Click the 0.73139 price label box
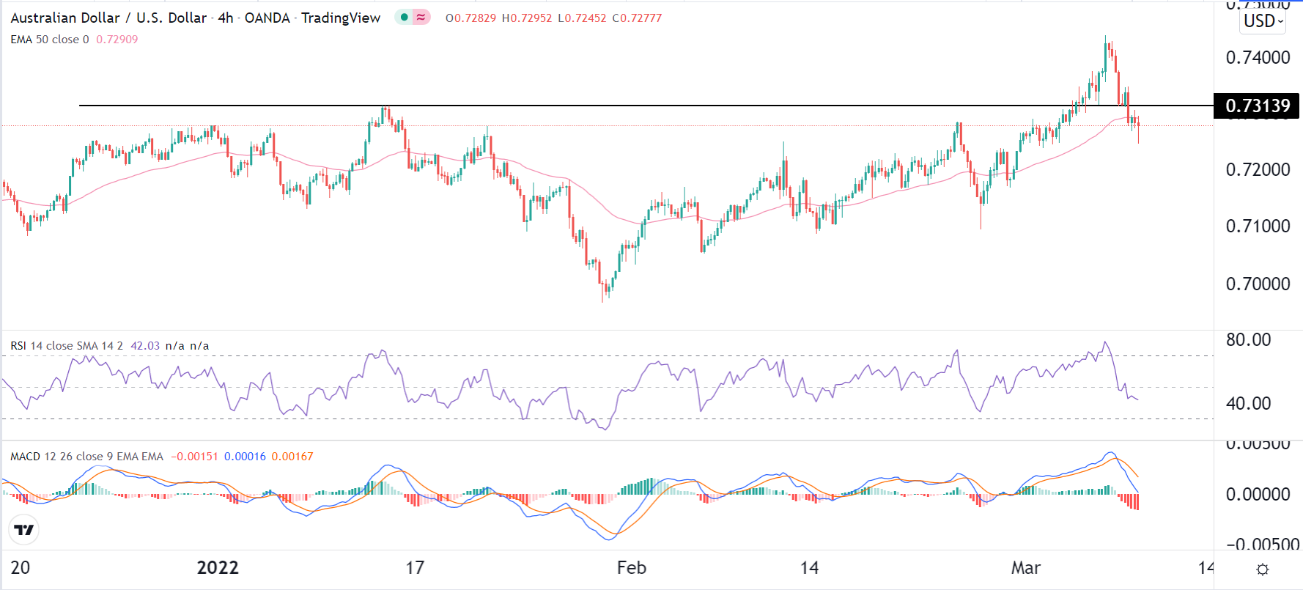pos(1257,106)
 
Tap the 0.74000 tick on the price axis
pos(1258,57)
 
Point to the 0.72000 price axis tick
pos(1258,169)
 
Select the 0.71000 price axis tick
pos(1258,226)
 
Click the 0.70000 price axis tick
pos(1258,284)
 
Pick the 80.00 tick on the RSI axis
pos(1248,339)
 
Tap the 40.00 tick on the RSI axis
pos(1248,403)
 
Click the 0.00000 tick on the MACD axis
pos(1258,494)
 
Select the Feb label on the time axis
pos(631,568)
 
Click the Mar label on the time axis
pos(1025,568)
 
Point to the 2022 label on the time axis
pos(218,568)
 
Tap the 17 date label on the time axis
pos(415,568)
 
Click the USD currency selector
pos(1263,21)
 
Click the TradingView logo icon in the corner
pos(24,530)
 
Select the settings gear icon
pos(1262,569)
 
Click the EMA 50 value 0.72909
pos(117,40)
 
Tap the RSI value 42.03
pos(144,346)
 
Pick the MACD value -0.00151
pos(194,457)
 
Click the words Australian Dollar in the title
pos(64,18)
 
